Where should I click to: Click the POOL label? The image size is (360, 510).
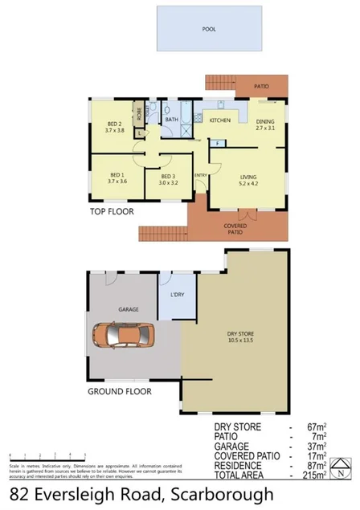[x=208, y=28]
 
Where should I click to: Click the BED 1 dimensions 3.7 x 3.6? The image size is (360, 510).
[x=117, y=182]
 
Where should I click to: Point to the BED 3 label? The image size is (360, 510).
[x=167, y=176]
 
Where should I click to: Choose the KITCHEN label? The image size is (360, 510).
[x=220, y=120]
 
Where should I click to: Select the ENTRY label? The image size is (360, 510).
[x=200, y=176]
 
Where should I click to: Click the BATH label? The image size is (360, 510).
[x=171, y=120]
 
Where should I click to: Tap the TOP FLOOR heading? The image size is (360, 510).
[x=112, y=213]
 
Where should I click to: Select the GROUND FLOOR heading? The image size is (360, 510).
[x=120, y=393]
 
